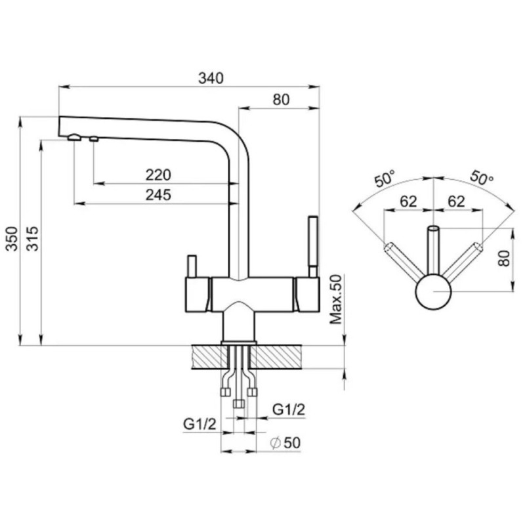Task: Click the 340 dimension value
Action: (211, 78)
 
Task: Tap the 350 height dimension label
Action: (12, 239)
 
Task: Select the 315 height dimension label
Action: (32, 239)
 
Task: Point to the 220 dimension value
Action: (158, 175)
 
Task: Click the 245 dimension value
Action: (158, 195)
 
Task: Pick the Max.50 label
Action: (336, 299)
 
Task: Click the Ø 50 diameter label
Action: (285, 443)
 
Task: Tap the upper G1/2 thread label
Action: (289, 409)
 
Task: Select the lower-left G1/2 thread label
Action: (199, 424)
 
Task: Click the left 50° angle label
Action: (385, 178)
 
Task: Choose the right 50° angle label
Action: (482, 178)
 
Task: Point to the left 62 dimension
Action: (408, 201)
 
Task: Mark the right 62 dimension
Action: (456, 201)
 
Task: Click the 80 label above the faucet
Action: (281, 100)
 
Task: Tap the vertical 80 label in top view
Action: (503, 258)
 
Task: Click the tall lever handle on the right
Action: (313, 247)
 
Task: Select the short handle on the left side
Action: (192, 266)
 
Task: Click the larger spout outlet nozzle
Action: (74, 137)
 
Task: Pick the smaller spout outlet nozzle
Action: (94, 138)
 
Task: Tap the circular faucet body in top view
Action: (433, 292)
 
